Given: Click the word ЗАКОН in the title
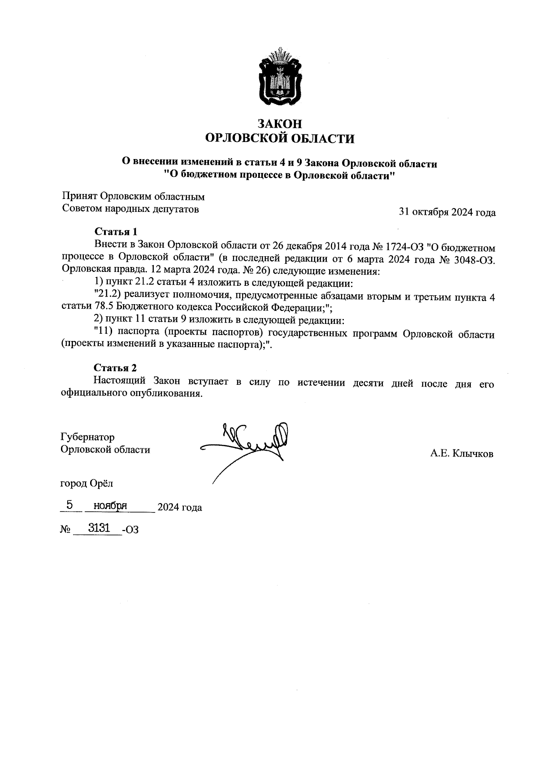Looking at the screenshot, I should coord(280,124).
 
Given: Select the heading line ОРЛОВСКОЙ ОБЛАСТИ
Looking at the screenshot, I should coord(280,138).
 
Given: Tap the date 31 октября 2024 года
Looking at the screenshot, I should coord(447,212).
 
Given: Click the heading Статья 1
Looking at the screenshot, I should coord(115,232).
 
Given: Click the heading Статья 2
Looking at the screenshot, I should coord(115,368).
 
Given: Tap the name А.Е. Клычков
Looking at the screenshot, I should coord(462,454).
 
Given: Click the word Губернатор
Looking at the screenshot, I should coord(87,437).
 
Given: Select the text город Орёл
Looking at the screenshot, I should coord(87,483).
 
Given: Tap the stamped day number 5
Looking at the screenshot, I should coord(69,505).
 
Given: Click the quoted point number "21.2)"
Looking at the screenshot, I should coord(108,296).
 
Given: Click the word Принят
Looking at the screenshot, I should coord(79,196).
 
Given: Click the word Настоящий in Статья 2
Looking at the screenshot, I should coord(120,381).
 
